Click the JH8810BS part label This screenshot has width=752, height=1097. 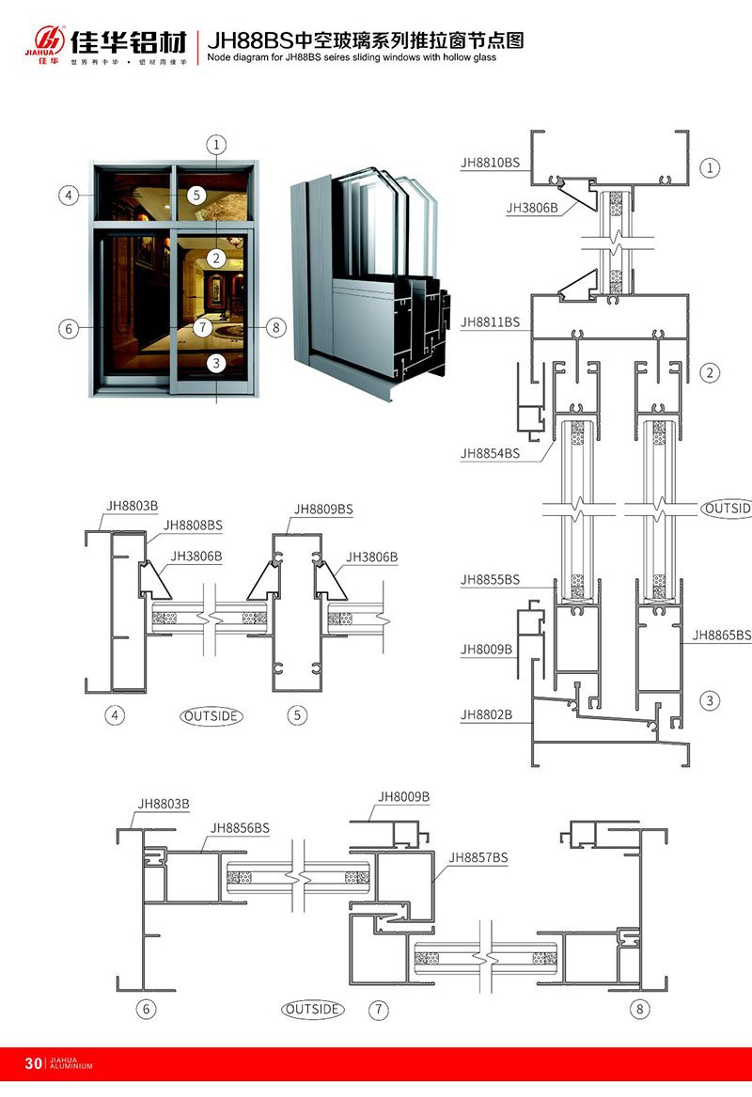coord(490,162)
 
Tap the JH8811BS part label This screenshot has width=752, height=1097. coord(490,321)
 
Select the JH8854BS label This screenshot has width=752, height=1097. coord(490,453)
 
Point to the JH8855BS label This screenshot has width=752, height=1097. coord(490,580)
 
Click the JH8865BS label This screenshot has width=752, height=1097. coord(722,635)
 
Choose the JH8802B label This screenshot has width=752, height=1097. coord(487,715)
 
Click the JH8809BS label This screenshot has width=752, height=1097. coord(323,509)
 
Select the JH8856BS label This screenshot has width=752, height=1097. coord(241,827)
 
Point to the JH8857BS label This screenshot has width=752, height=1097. coord(478,857)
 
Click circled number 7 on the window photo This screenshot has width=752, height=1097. coord(204,328)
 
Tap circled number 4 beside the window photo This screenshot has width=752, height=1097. coord(68,196)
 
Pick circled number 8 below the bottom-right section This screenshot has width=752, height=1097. coord(641,1010)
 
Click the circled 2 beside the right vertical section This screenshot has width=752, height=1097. coord(711,373)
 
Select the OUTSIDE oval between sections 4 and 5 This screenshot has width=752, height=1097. coord(211,716)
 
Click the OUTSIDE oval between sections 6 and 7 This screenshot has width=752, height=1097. coord(313,1010)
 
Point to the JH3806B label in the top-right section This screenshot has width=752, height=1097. coord(532,208)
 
